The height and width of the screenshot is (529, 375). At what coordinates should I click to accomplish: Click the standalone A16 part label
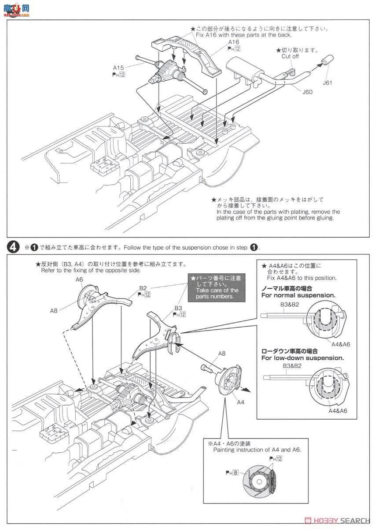click(x=233, y=42)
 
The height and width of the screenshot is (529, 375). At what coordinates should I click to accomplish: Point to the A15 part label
click(x=118, y=68)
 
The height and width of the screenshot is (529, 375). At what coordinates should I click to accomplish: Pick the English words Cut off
click(x=290, y=56)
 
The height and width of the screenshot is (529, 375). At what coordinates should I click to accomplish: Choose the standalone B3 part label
click(x=178, y=308)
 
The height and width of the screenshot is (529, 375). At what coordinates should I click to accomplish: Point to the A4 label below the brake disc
click(x=240, y=402)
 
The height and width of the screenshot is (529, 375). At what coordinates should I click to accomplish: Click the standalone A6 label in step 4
click(x=79, y=279)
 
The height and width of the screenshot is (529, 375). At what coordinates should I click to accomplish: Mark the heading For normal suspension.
click(x=298, y=295)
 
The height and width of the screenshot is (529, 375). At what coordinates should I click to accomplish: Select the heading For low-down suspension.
click(x=302, y=358)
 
